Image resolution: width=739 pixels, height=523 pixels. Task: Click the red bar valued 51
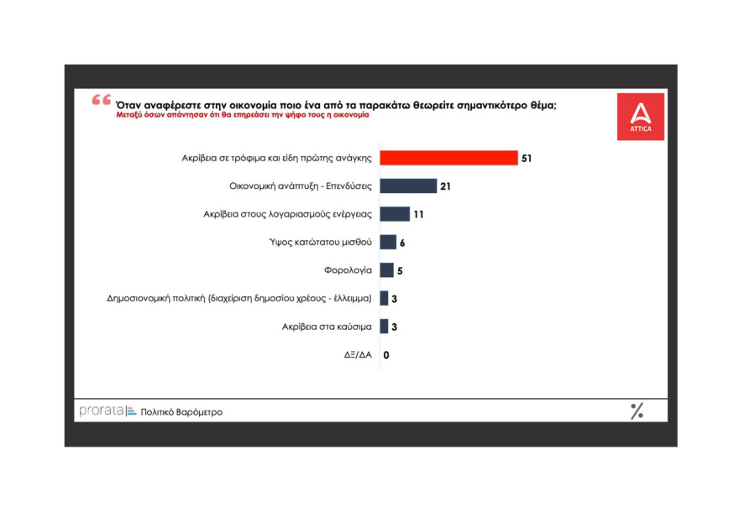click(x=448, y=158)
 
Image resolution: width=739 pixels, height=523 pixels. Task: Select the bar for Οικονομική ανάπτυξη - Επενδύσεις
click(x=408, y=186)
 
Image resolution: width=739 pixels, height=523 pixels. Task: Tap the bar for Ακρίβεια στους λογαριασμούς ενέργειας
click(x=395, y=214)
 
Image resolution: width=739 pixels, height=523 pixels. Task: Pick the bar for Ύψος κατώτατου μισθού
click(x=388, y=243)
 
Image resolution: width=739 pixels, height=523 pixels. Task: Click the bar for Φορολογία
click(x=386, y=270)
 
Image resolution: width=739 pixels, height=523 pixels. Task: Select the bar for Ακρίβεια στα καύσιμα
click(x=384, y=327)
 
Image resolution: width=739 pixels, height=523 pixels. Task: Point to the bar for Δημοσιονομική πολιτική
click(x=384, y=298)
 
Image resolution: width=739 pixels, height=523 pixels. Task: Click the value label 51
click(x=527, y=158)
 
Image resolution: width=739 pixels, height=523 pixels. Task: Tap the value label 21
click(x=446, y=186)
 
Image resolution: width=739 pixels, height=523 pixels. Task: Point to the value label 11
click(x=418, y=214)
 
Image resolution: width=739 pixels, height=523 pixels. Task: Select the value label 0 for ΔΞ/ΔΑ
click(x=386, y=355)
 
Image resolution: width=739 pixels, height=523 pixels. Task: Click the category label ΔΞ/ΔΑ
click(x=359, y=355)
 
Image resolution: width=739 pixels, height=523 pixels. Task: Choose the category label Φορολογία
click(x=348, y=270)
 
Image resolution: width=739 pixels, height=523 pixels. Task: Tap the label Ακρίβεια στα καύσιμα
click(x=327, y=327)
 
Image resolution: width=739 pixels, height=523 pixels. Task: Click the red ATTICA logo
click(x=640, y=116)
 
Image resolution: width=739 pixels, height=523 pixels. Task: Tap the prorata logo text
click(x=101, y=411)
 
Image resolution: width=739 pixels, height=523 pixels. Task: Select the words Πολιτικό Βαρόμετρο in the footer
click(x=181, y=412)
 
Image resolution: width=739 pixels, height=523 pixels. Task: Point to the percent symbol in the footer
click(x=637, y=411)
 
